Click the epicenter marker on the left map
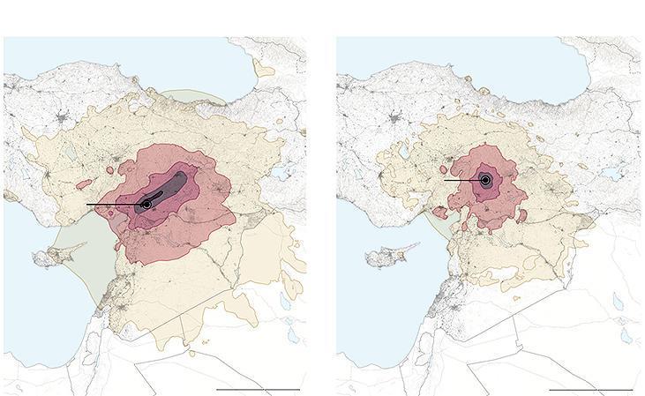click(x=146, y=205)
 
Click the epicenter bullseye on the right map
click(x=484, y=180)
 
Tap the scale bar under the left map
click(x=258, y=389)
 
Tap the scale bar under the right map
click(x=590, y=389)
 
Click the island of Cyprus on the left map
click(x=44, y=258)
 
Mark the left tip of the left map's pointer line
click(x=87, y=205)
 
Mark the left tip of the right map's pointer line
click(x=444, y=180)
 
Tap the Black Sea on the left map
click(x=132, y=62)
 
